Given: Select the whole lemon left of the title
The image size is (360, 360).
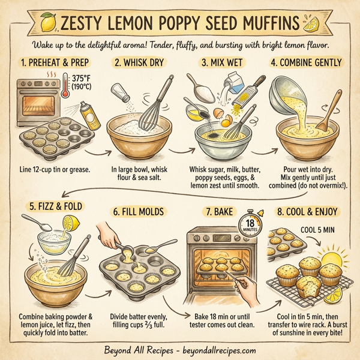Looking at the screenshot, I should coord(47,23).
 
